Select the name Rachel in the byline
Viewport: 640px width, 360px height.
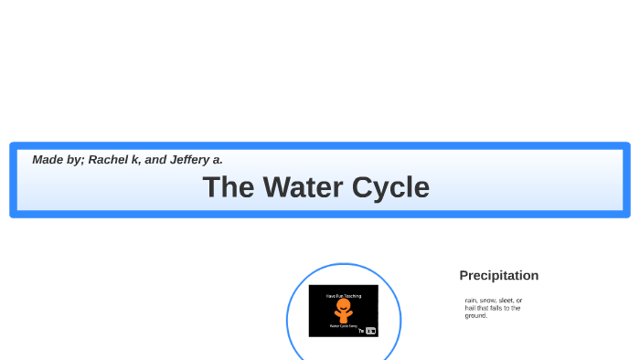[x=109, y=159]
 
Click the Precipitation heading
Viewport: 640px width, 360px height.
[x=498, y=275]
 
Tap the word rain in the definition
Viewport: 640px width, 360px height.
[x=470, y=301]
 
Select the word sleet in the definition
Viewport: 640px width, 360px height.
[x=504, y=301]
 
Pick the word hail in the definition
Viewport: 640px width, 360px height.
[x=470, y=308]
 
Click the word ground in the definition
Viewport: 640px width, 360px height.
[x=475, y=315]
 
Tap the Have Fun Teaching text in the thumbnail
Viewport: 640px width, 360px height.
[x=343, y=296]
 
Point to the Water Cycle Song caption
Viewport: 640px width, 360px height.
[x=343, y=325]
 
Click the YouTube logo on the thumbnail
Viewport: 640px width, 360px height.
[x=370, y=331]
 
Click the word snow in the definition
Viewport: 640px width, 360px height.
[x=487, y=301]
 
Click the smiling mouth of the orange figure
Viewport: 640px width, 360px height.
[x=343, y=308]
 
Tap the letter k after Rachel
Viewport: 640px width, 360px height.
[x=135, y=159]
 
